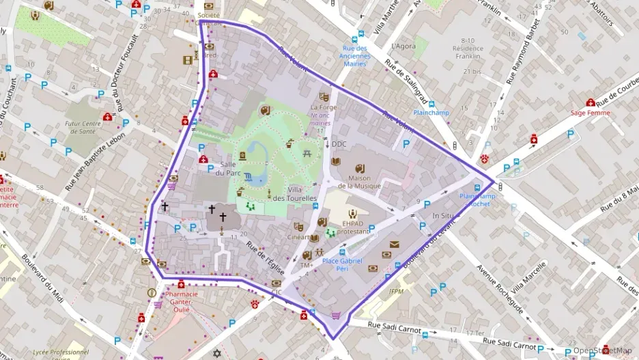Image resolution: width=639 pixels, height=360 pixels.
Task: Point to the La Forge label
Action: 323,107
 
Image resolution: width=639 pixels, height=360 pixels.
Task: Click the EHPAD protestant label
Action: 353,227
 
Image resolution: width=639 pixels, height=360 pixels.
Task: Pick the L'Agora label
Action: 403,46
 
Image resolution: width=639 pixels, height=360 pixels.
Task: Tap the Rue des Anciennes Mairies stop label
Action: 354,55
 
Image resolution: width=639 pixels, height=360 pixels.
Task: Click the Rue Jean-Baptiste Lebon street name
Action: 97,161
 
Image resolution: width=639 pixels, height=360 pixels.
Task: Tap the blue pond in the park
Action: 257,150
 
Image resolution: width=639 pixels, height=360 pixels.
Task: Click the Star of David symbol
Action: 218,354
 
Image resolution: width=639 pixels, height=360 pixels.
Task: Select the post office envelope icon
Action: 394,244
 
